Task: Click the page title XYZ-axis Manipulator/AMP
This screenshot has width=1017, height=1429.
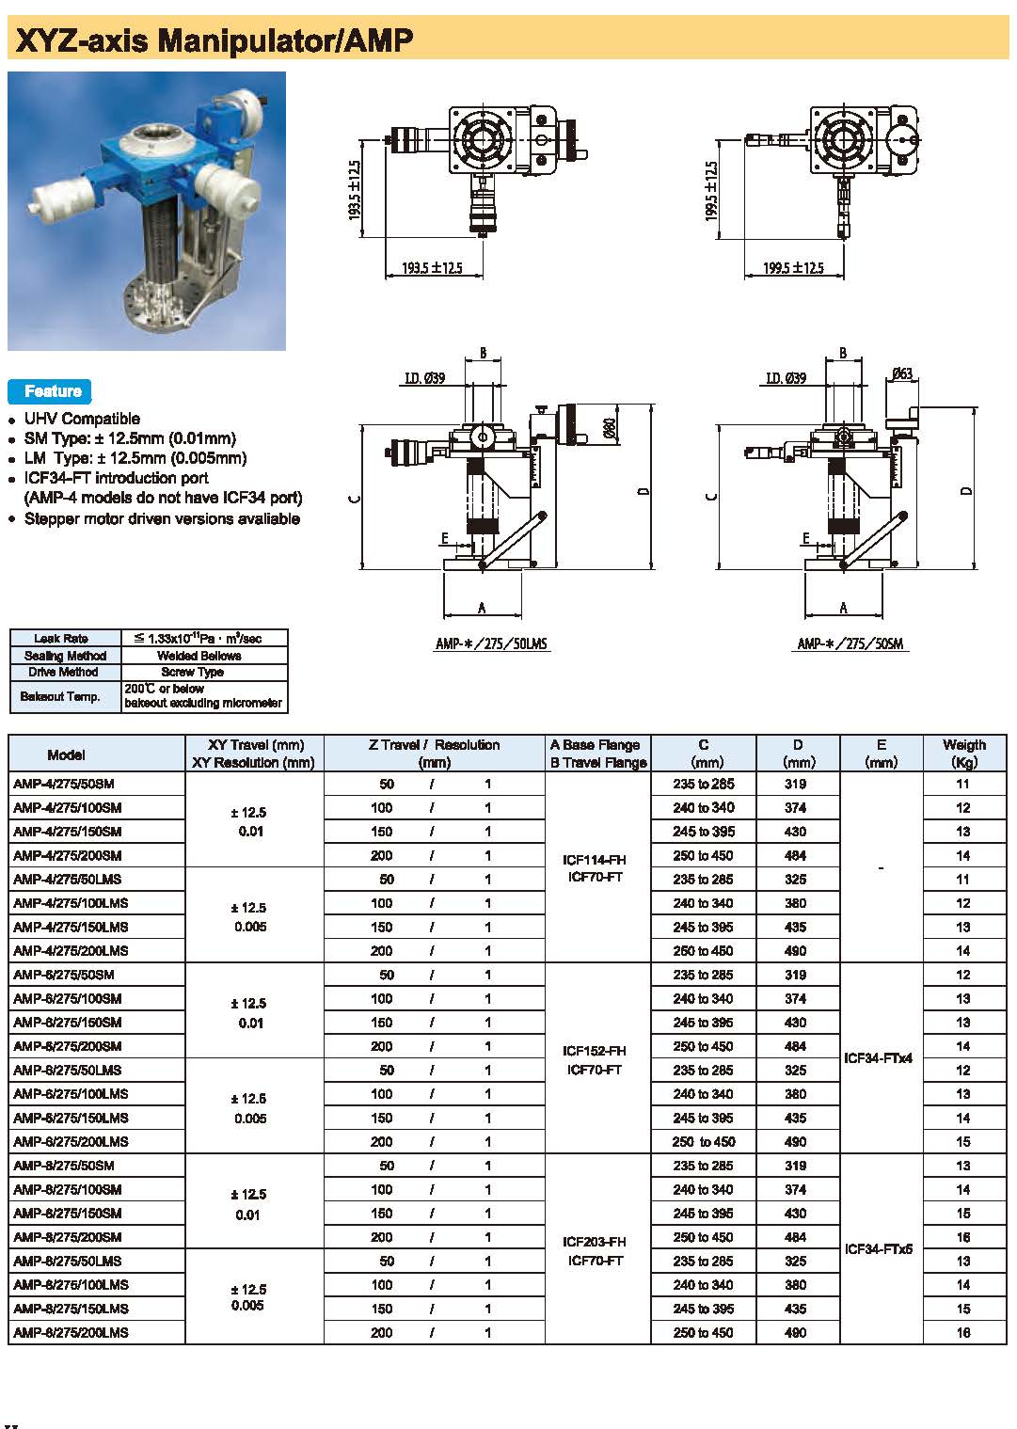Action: (215, 40)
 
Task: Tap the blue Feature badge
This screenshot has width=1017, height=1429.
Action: (52, 391)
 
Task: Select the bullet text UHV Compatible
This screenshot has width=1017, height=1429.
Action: (82, 419)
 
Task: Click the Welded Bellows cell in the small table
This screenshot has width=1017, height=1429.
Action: (199, 656)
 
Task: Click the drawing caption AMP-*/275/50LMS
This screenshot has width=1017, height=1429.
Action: (491, 644)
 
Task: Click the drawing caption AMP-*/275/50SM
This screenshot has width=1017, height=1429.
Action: (850, 644)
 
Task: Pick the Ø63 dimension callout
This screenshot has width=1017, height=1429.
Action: (901, 374)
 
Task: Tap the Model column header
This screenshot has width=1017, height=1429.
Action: (66, 754)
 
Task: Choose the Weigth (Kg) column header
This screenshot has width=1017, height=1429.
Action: (963, 754)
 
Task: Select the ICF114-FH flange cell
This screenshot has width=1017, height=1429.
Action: (595, 860)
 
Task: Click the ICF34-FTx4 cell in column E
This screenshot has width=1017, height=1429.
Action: (879, 1058)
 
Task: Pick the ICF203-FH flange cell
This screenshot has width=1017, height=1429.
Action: (595, 1242)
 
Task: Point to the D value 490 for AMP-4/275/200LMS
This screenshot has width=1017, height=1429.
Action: (795, 951)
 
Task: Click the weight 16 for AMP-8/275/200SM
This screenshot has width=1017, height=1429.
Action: (962, 1237)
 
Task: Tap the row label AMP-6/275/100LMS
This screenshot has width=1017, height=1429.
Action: (71, 1094)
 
